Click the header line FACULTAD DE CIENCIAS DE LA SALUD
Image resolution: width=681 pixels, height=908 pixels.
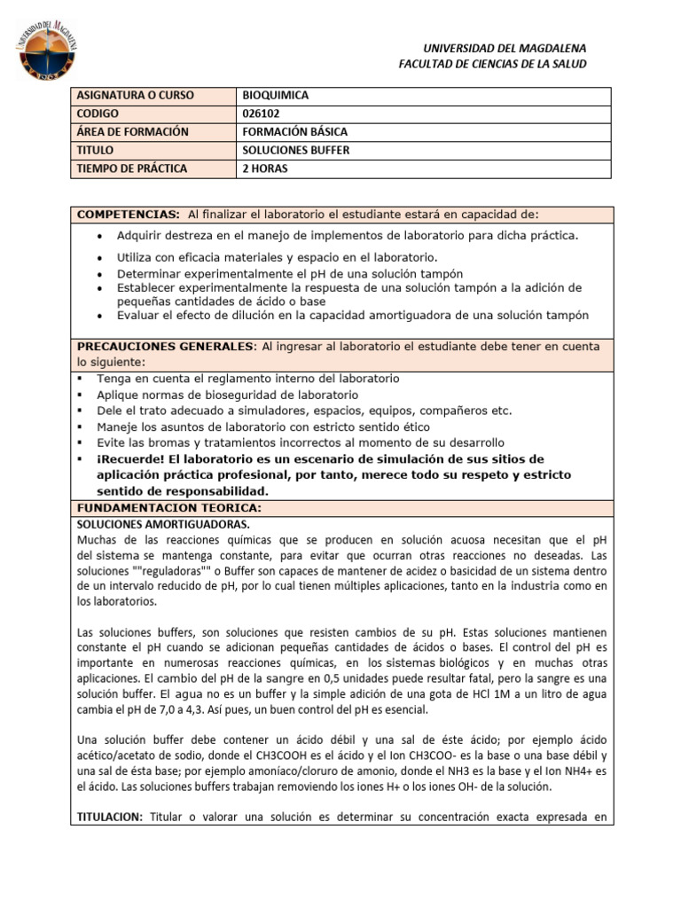492,64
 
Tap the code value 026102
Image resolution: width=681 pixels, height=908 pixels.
263,113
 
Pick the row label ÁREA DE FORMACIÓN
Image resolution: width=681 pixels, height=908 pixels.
133,132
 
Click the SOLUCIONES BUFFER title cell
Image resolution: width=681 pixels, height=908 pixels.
295,151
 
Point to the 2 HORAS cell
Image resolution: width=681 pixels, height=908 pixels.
265,168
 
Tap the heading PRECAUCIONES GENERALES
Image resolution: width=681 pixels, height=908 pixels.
166,346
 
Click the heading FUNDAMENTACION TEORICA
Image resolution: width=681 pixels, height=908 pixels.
168,509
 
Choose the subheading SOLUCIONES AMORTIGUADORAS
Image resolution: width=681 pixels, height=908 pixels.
164,524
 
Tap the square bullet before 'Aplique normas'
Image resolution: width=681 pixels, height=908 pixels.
80,395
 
